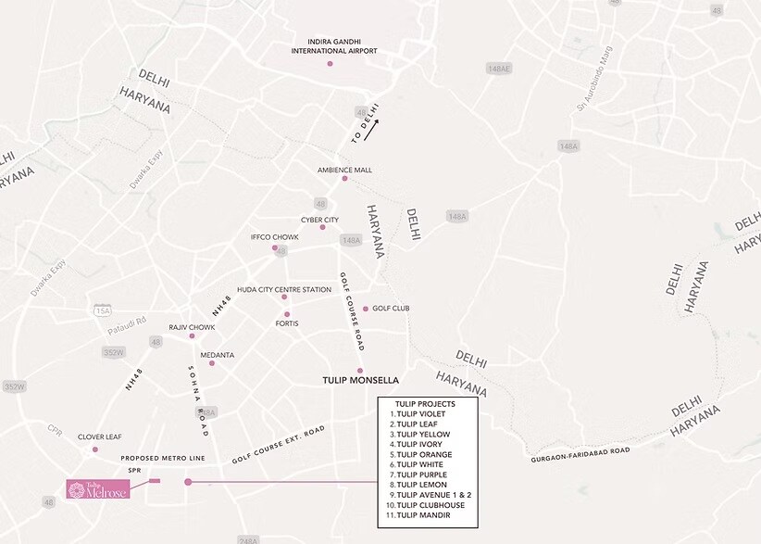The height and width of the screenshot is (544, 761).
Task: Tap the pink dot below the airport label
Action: (x=330, y=64)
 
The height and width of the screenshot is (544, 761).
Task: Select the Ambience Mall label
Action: (x=344, y=171)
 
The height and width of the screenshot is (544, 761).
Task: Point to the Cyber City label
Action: (x=319, y=220)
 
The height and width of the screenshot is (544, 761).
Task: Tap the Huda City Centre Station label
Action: (x=284, y=290)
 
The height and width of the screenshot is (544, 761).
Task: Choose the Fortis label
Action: (x=287, y=323)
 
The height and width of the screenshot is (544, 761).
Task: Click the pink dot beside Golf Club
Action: (x=366, y=309)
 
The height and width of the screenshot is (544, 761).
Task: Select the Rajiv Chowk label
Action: (x=192, y=327)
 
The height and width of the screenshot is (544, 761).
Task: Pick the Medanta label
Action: (x=218, y=355)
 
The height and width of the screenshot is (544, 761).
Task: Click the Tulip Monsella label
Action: (x=360, y=380)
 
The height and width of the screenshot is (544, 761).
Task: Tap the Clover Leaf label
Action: (x=99, y=436)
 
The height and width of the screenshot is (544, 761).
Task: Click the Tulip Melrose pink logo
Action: (x=97, y=488)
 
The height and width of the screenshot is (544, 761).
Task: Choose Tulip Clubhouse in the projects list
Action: (x=430, y=505)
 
